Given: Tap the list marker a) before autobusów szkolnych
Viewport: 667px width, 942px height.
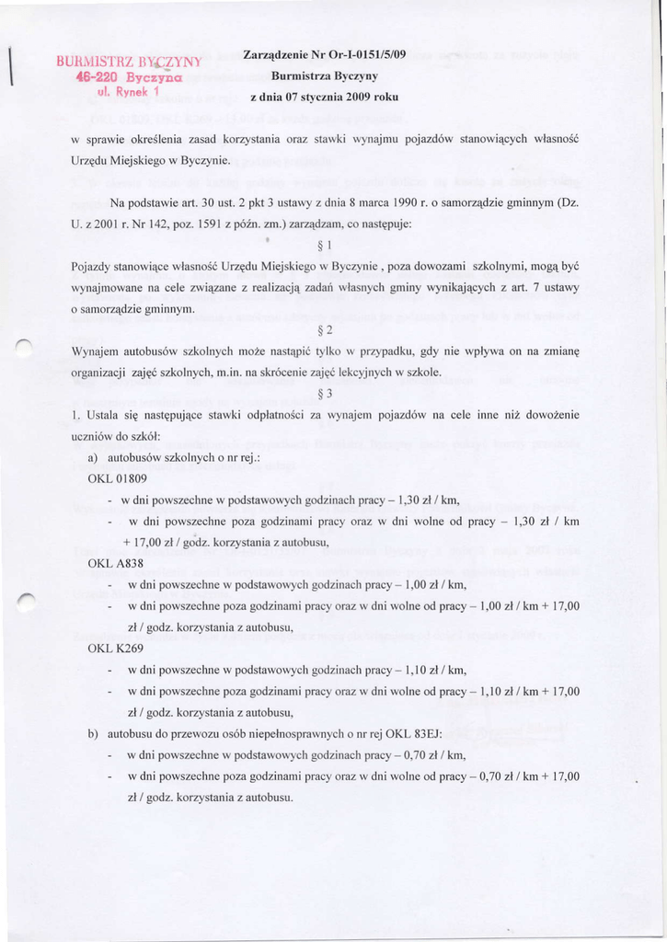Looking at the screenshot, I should (93, 457).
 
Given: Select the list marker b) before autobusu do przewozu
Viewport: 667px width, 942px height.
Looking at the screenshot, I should (93, 733).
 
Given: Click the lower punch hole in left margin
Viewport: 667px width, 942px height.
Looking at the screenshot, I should (26, 600).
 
